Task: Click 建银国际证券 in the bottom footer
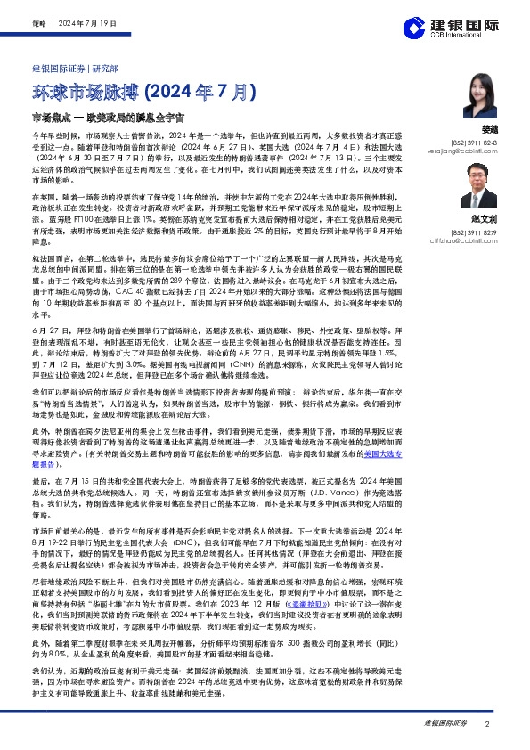tap(445, 724)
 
